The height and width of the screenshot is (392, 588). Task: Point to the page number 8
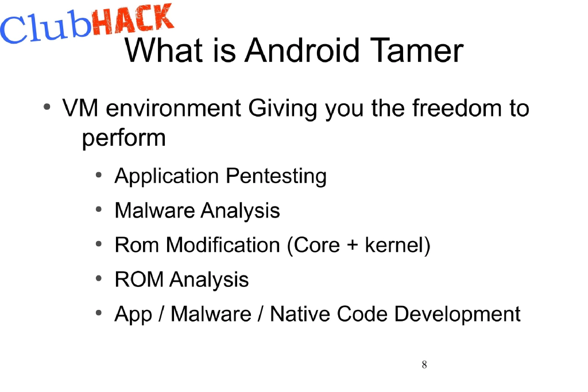click(x=424, y=365)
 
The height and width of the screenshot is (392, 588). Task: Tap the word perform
click(x=123, y=138)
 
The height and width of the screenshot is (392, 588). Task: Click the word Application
click(x=167, y=176)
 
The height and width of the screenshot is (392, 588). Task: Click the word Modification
click(x=223, y=245)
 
